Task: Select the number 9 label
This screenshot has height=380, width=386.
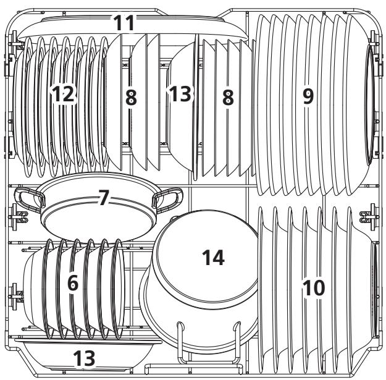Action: point(307,96)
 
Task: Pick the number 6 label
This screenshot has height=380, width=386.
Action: point(73,284)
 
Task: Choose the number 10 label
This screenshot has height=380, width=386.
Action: point(314,287)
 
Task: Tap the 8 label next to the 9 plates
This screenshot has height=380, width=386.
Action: point(228,98)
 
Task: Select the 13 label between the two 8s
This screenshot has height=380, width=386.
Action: point(180,95)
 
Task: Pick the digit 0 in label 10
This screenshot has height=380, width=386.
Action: point(320,287)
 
